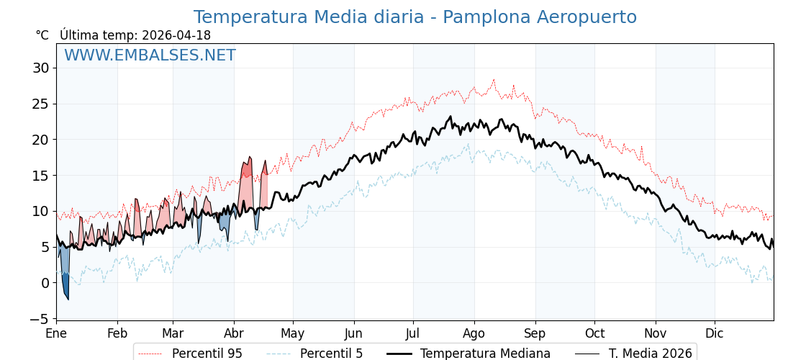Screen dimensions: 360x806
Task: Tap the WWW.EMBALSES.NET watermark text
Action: coord(150,55)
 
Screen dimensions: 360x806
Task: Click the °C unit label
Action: coord(42,35)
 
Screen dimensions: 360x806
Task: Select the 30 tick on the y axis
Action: coord(40,68)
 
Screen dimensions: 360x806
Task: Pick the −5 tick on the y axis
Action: coord(37,318)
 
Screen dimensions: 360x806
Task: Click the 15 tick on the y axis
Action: coord(40,175)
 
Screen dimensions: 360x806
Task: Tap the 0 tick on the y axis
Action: coord(45,283)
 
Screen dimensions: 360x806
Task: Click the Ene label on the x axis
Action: coord(56,334)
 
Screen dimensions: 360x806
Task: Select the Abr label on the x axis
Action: coord(234,334)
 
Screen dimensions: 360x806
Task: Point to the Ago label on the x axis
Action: coord(474,334)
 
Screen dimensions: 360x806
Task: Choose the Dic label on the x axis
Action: coord(715,334)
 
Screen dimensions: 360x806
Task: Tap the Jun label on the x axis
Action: coord(353,334)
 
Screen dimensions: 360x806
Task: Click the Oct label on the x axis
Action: coord(594,334)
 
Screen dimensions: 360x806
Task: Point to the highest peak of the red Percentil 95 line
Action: coord(494,80)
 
